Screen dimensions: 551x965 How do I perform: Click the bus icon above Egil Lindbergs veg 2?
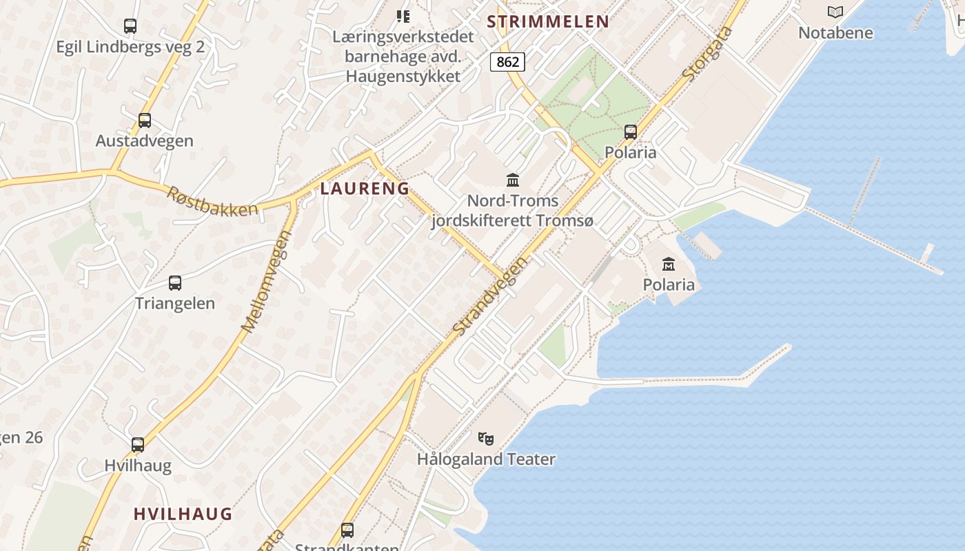click(x=130, y=26)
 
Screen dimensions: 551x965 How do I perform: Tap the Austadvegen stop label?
click(x=144, y=141)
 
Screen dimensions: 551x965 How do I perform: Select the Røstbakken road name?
click(x=212, y=200)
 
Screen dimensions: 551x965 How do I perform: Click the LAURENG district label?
click(x=365, y=189)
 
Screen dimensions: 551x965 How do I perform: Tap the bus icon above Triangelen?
click(x=175, y=282)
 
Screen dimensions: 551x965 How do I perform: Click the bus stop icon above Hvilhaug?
click(x=138, y=445)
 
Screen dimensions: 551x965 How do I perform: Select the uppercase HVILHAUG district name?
click(x=183, y=514)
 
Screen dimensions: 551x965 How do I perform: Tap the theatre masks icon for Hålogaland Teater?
click(x=486, y=438)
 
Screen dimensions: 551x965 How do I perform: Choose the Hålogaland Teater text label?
click(x=486, y=459)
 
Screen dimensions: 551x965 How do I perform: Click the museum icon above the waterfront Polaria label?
click(x=669, y=264)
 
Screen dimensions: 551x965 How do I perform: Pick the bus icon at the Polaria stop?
click(x=631, y=132)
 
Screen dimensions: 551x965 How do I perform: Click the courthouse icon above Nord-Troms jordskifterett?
click(x=513, y=180)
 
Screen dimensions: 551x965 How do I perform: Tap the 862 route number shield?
click(x=508, y=62)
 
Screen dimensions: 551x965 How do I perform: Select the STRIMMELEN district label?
click(x=548, y=21)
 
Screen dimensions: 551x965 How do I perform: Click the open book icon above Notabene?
click(x=835, y=12)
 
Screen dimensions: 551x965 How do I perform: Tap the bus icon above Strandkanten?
click(x=347, y=530)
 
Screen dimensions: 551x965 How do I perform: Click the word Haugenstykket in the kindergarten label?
click(x=403, y=76)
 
